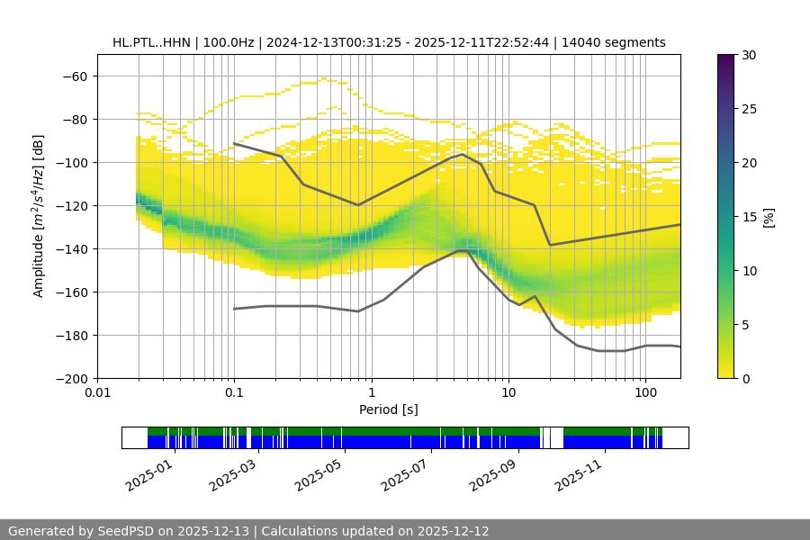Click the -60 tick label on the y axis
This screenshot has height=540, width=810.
pyautogui.click(x=75, y=76)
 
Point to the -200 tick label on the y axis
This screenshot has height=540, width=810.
pyautogui.click(x=71, y=378)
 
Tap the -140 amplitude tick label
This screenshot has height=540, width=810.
pyautogui.click(x=71, y=248)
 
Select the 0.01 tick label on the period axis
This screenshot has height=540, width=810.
pyautogui.click(x=97, y=393)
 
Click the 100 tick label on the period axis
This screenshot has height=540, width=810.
pyautogui.click(x=645, y=393)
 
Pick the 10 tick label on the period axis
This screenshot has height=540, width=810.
pyautogui.click(x=508, y=393)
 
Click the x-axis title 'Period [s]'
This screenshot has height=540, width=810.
pyautogui.click(x=389, y=409)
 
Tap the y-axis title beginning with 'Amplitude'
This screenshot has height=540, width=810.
pyautogui.click(x=39, y=216)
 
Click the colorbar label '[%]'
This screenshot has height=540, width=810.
pyautogui.click(x=768, y=216)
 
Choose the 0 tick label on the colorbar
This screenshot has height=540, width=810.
pyautogui.click(x=742, y=378)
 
